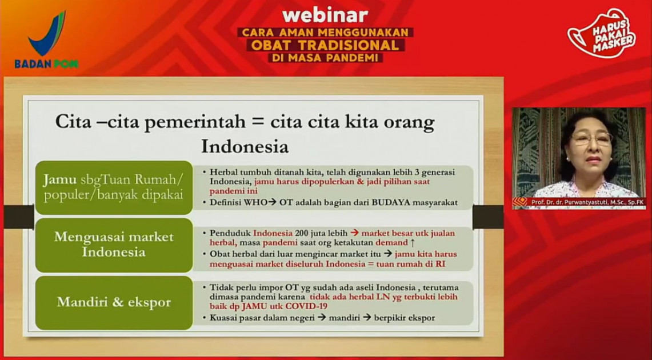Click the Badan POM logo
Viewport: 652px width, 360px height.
coord(46,40)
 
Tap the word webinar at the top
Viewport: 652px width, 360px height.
coord(325,16)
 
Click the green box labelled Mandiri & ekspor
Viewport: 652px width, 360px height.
coord(114,303)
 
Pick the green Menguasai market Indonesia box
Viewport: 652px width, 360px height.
coord(114,245)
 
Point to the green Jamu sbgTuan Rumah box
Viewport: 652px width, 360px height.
coord(114,187)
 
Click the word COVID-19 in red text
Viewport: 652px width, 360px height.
coord(307,306)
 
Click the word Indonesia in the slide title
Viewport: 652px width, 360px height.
coord(245,146)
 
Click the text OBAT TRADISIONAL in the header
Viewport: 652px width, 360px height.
coord(325,45)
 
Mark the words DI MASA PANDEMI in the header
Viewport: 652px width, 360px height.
coord(325,58)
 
